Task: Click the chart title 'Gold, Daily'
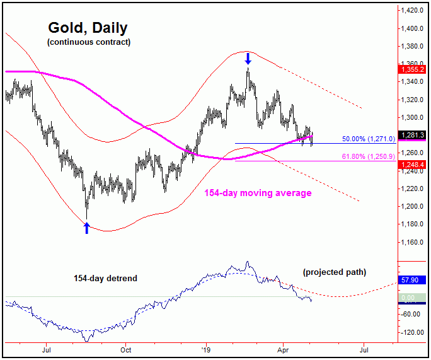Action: coord(88,28)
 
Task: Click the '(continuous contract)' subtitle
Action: coord(88,42)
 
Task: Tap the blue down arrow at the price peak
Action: coord(248,59)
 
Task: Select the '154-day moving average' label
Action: coord(258,193)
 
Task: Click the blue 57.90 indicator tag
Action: coord(413,279)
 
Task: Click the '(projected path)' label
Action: coord(334,272)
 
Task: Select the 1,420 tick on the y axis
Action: coord(413,11)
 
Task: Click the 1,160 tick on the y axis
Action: coord(413,242)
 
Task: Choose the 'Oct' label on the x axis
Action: coord(126,347)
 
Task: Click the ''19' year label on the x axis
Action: coord(205,347)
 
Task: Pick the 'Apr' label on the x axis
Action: coord(284,347)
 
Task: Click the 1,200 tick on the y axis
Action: coord(413,206)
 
